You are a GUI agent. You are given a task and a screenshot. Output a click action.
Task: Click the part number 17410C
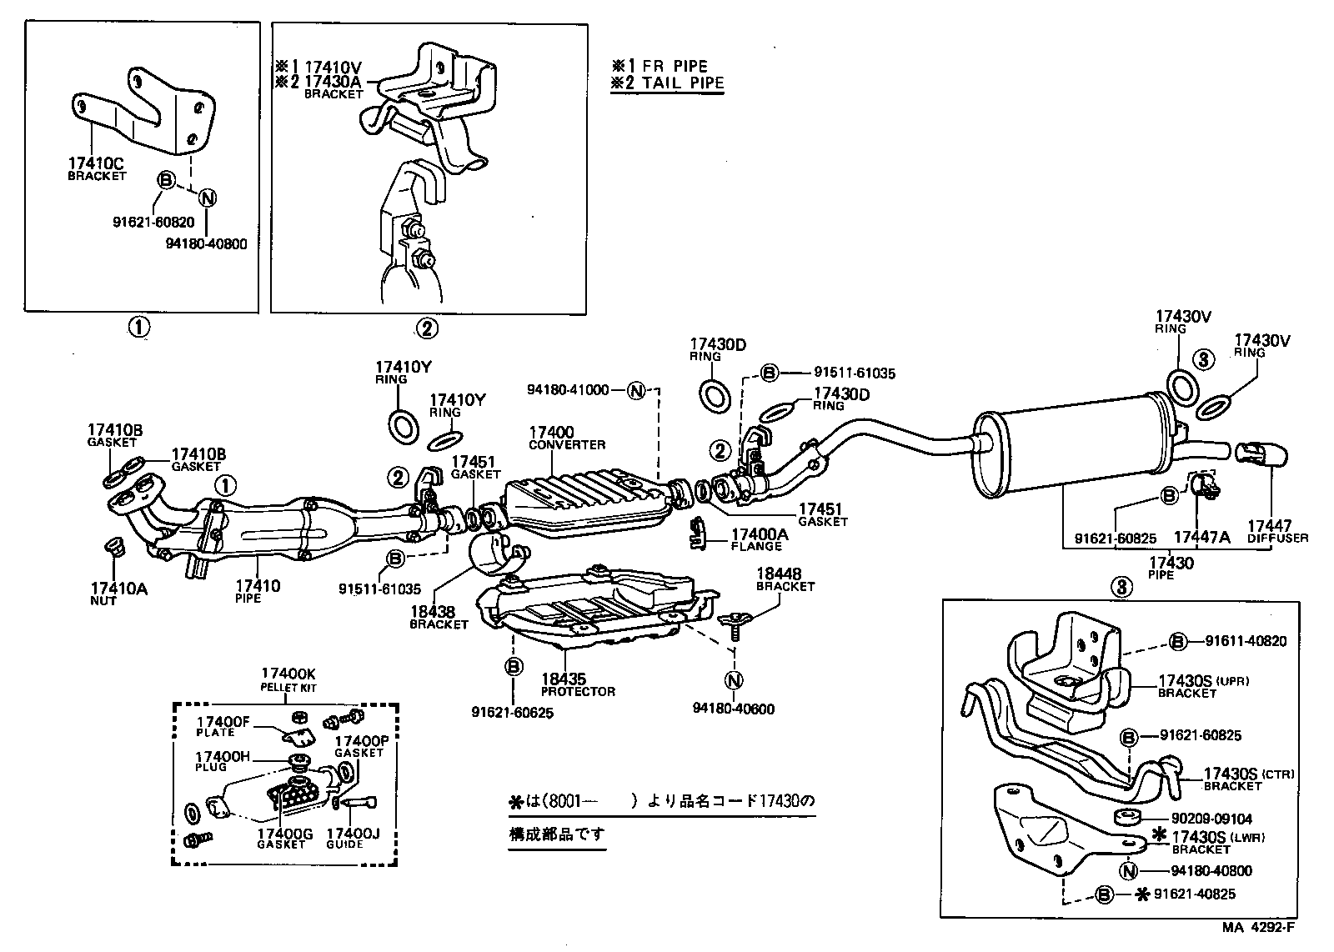(x=95, y=164)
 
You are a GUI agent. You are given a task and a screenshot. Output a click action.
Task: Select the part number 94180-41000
(x=568, y=389)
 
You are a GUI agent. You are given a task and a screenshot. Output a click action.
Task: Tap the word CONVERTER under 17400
(x=567, y=445)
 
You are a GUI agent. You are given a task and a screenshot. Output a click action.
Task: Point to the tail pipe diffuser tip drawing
(x=1264, y=455)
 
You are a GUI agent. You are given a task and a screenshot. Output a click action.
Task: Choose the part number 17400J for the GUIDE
(x=353, y=833)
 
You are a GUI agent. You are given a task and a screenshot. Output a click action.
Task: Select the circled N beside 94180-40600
(x=734, y=681)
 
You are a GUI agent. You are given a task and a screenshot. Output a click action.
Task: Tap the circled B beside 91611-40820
(x=1177, y=641)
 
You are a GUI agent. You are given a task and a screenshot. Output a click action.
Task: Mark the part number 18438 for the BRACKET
(x=432, y=613)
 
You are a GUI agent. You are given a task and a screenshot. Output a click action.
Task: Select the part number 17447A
(x=1201, y=537)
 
